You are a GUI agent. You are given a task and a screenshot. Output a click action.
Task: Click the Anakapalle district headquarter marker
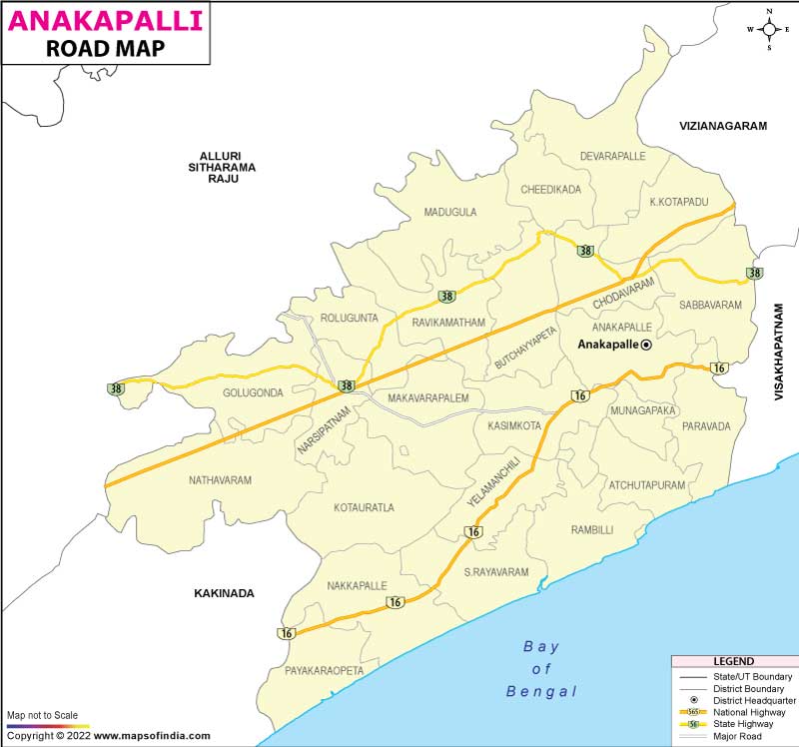click(x=645, y=345)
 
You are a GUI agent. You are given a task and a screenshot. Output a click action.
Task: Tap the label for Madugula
click(x=450, y=212)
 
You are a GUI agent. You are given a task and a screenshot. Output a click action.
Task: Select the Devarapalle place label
click(x=613, y=157)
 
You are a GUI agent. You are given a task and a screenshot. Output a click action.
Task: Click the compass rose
click(x=768, y=29)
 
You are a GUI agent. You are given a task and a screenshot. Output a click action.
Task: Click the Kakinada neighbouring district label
click(x=224, y=593)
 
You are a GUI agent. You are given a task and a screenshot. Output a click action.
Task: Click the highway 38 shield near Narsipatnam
click(x=347, y=385)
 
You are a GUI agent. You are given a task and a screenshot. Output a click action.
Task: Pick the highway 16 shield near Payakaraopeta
click(x=288, y=633)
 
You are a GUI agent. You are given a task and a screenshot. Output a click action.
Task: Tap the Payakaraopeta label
click(x=325, y=671)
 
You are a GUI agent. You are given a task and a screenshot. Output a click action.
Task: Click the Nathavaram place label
click(x=220, y=480)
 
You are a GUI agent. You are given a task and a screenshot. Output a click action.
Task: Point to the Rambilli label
click(x=592, y=529)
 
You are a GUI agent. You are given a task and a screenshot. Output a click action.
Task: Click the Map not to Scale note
click(x=42, y=716)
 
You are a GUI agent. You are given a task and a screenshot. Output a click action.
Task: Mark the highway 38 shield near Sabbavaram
click(x=755, y=273)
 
